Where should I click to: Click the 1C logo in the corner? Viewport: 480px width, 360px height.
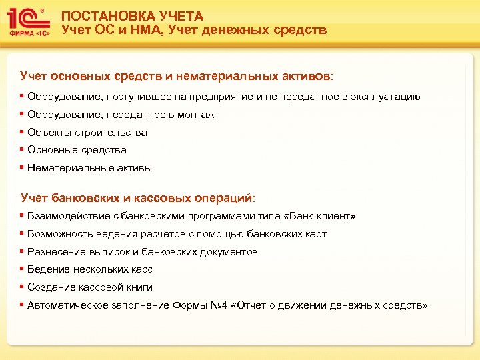pyautogui.click(x=28, y=18)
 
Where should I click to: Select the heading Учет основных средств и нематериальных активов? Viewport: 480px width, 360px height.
pyautogui.click(x=177, y=77)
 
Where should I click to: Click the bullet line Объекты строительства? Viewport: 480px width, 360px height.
pyautogui.click(x=87, y=133)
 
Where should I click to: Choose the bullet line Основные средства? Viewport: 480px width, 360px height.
pyautogui.click(x=77, y=150)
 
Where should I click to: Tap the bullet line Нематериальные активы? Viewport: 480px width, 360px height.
pyautogui.click(x=89, y=168)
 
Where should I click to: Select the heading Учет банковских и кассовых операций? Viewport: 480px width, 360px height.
pyautogui.click(x=137, y=198)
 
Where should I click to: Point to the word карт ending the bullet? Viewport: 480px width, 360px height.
pyautogui.click(x=315, y=234)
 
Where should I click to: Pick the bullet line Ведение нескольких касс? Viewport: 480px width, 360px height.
pyautogui.click(x=90, y=269)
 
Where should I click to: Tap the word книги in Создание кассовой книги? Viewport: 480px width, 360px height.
pyautogui.click(x=139, y=287)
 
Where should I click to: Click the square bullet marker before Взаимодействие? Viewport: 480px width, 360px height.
pyautogui.click(x=23, y=216)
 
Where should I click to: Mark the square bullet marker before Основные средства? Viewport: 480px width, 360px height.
pyautogui.click(x=23, y=150)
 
